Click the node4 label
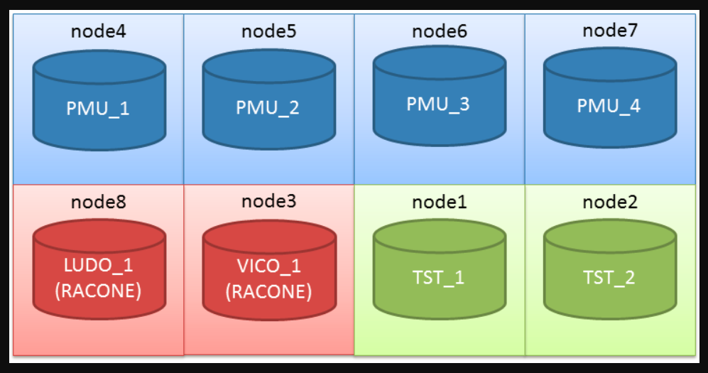tap(99, 31)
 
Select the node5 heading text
tap(269, 31)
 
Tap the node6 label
tap(440, 31)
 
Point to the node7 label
tap(610, 31)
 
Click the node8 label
tap(99, 202)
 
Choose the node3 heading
tap(269, 201)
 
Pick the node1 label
tap(440, 202)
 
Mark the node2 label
tap(610, 202)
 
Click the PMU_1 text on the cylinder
tap(98, 109)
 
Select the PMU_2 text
tap(268, 108)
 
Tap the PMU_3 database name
tap(438, 104)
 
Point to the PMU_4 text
tap(609, 106)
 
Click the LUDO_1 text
tap(99, 266)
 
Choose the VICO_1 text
tap(269, 266)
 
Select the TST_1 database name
tap(438, 278)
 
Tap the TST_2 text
tap(609, 278)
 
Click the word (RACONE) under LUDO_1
tap(99, 291)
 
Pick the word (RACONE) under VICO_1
tap(269, 292)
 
